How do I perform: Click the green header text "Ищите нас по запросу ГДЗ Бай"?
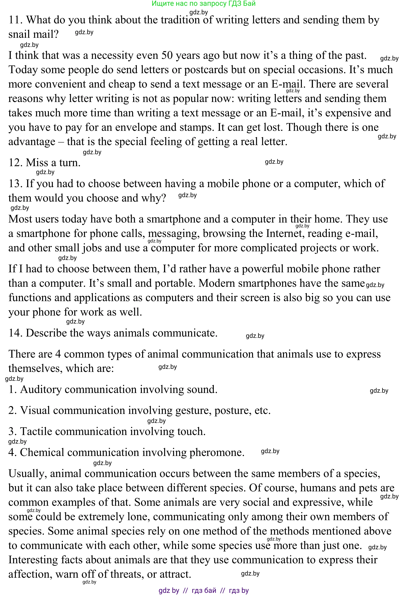pyautogui.click(x=204, y=4)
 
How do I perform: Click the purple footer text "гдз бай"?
pyautogui.click(x=204, y=590)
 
